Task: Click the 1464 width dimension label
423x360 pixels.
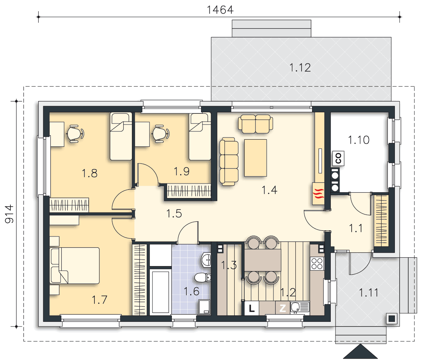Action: pyautogui.click(x=220, y=10)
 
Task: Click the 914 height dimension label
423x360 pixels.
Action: pyautogui.click(x=9, y=214)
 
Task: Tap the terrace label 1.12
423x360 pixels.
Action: pyautogui.click(x=300, y=68)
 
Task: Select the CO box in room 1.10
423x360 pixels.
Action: pyautogui.click(x=338, y=158)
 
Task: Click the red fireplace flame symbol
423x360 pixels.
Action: pyautogui.click(x=319, y=193)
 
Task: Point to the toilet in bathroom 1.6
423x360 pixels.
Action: pyautogui.click(x=202, y=277)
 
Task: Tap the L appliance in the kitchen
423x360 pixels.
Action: pyautogui.click(x=252, y=308)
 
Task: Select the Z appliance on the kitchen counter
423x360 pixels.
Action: pyautogui.click(x=282, y=308)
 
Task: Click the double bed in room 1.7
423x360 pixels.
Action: pyautogui.click(x=75, y=265)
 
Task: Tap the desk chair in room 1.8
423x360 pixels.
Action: pyautogui.click(x=75, y=133)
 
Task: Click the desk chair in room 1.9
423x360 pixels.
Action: pyautogui.click(x=161, y=133)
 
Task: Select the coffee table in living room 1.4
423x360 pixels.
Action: pyautogui.click(x=255, y=158)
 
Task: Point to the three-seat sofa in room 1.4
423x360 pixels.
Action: pyautogui.click(x=229, y=161)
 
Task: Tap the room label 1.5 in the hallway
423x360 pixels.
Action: pyautogui.click(x=174, y=214)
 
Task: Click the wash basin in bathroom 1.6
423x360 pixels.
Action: pyautogui.click(x=206, y=260)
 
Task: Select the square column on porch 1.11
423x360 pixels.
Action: pyautogui.click(x=392, y=319)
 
